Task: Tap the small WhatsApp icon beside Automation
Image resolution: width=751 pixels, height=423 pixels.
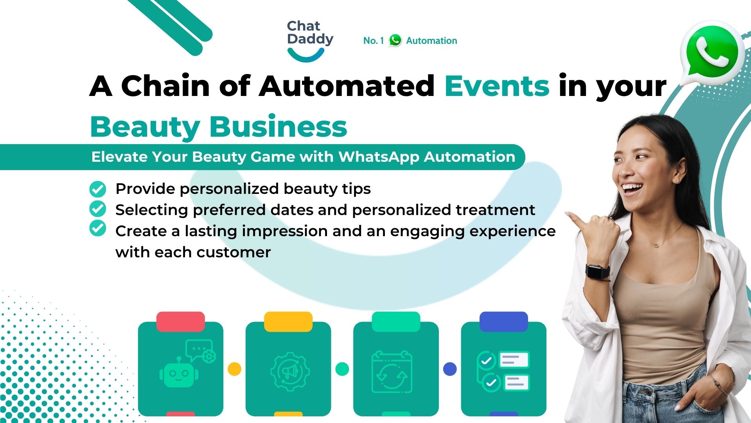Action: pyautogui.click(x=395, y=40)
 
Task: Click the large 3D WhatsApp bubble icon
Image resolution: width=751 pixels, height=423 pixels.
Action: pyautogui.click(x=712, y=53)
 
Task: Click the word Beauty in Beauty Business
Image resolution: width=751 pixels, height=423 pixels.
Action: pyautogui.click(x=145, y=127)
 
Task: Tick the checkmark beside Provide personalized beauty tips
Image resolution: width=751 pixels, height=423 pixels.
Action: pyautogui.click(x=97, y=189)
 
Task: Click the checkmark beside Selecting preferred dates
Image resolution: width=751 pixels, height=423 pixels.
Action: pyautogui.click(x=97, y=209)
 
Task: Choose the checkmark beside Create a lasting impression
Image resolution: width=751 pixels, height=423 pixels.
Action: pyautogui.click(x=97, y=228)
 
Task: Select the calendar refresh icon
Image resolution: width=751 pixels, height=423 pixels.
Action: pyautogui.click(x=392, y=372)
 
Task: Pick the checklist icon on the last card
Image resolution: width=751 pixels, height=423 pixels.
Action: pyautogui.click(x=503, y=371)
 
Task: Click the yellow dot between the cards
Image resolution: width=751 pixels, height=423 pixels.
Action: pyautogui.click(x=234, y=369)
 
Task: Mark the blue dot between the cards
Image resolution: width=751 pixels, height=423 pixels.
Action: pyautogui.click(x=450, y=369)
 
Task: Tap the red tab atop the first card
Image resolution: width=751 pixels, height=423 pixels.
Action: pyautogui.click(x=180, y=322)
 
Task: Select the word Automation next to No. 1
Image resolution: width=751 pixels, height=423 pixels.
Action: pyautogui.click(x=431, y=41)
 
